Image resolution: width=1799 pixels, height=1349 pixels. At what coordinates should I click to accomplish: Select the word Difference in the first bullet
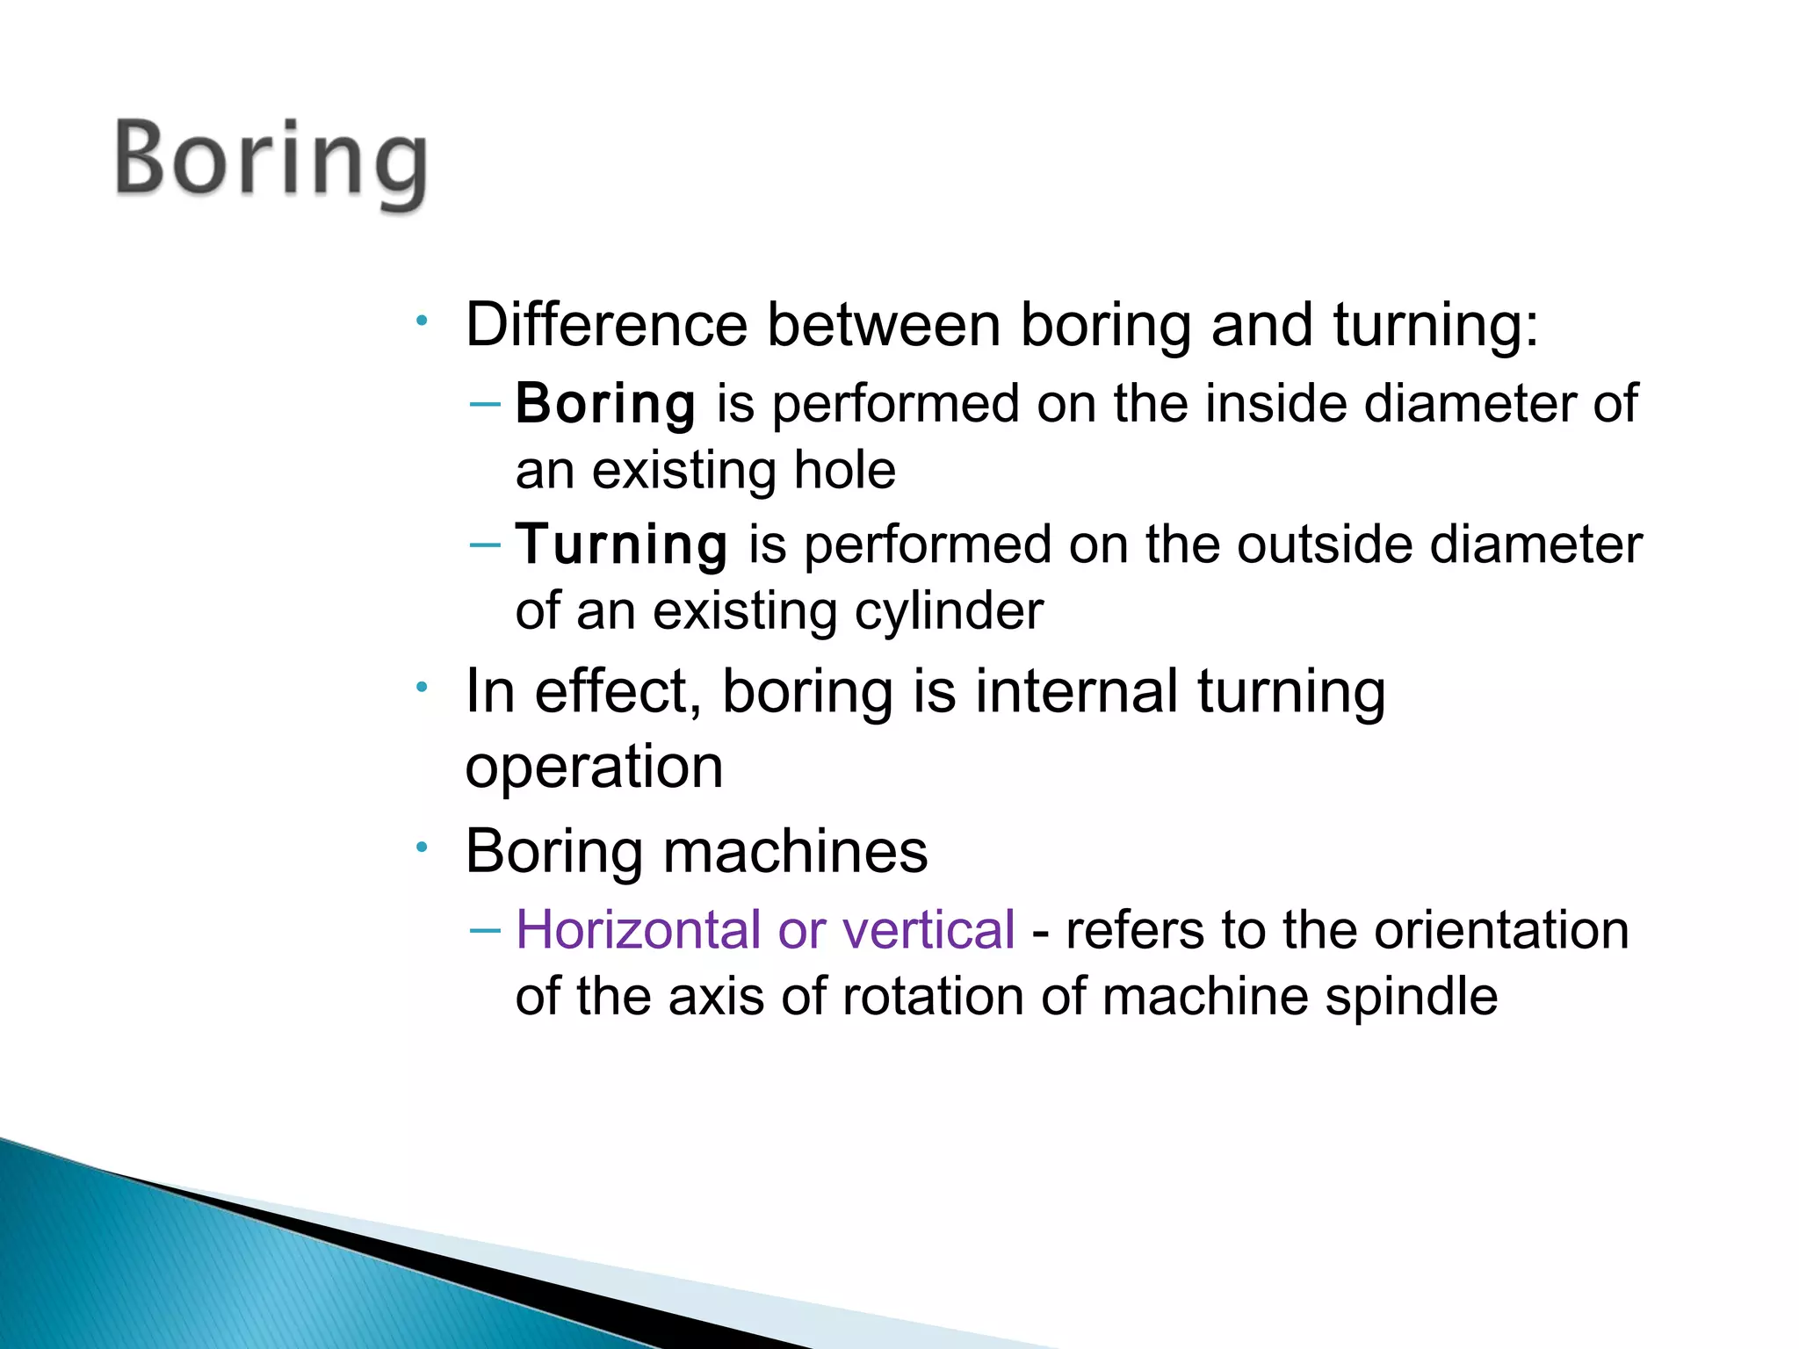click(x=606, y=325)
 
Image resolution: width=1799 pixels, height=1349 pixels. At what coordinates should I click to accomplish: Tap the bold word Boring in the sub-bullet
click(x=605, y=404)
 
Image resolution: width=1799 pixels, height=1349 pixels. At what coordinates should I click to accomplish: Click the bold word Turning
click(x=621, y=545)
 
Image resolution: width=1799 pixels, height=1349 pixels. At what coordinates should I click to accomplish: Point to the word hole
click(x=844, y=470)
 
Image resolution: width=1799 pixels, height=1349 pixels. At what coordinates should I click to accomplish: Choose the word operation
click(x=594, y=767)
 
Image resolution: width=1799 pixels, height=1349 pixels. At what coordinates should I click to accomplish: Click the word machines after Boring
click(x=795, y=851)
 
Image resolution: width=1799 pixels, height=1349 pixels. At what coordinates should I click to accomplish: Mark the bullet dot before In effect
click(x=423, y=687)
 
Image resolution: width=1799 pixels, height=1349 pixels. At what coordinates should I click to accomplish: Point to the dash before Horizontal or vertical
click(x=486, y=929)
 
